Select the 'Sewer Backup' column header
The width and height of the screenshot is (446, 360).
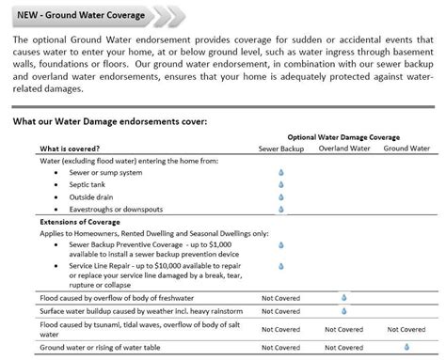coord(280,149)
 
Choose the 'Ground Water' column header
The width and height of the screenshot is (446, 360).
coord(406,149)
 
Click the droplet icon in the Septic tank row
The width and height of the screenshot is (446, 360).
coord(280,185)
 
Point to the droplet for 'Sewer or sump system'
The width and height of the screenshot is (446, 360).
coord(280,173)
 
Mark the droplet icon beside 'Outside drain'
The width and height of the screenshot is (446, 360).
coord(280,197)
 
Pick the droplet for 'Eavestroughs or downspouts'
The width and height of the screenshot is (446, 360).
coord(280,210)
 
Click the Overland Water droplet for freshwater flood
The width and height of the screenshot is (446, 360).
coord(342,297)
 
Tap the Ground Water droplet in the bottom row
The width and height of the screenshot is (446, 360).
coord(406,344)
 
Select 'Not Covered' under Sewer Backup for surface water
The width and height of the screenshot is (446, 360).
coord(280,311)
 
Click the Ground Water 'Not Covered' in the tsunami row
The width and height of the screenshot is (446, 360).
coord(406,329)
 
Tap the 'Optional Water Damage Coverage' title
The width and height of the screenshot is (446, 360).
coord(346,137)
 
